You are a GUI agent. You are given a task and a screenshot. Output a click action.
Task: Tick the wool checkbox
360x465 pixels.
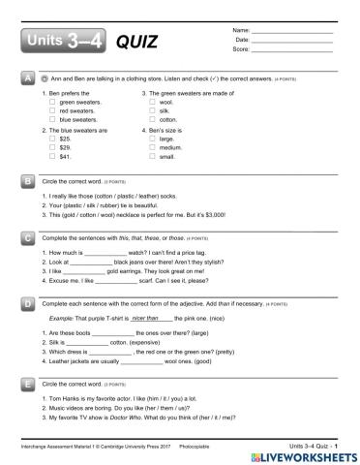point(153,101)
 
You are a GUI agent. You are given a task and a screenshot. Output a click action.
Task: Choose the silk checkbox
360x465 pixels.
point(153,109)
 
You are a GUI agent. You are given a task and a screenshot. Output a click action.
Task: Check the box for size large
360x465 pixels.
point(153,138)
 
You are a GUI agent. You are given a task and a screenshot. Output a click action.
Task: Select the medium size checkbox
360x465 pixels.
point(153,147)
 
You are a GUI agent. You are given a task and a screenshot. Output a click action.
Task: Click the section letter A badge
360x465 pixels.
point(28,78)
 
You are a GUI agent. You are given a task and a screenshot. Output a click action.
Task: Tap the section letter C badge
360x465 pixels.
point(28,236)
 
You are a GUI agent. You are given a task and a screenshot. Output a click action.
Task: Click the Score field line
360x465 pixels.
point(291,48)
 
